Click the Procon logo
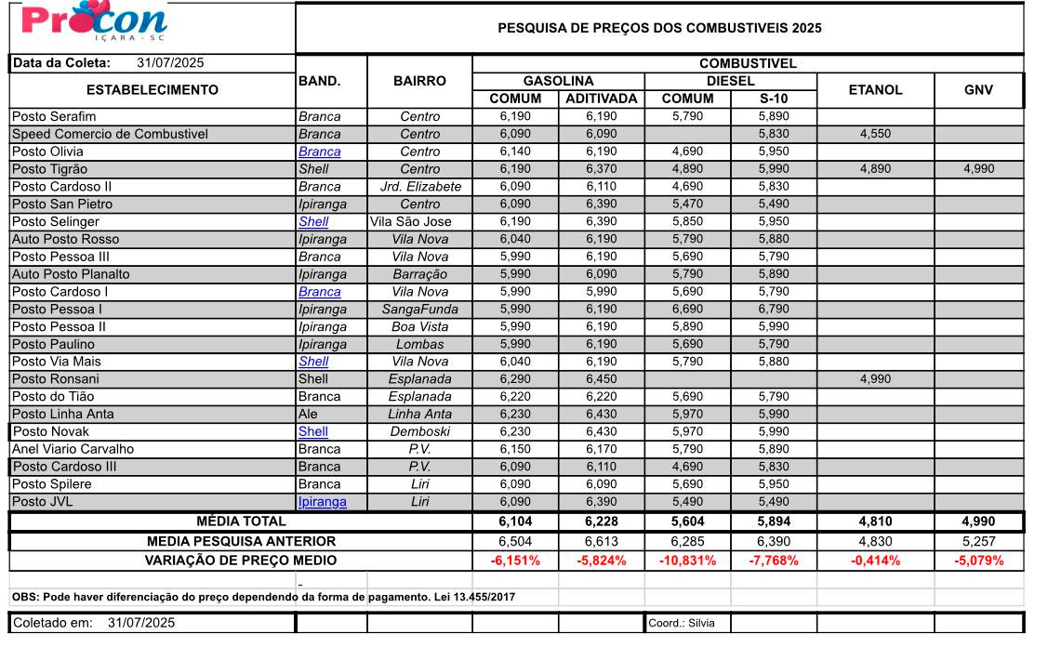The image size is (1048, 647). point(94,22)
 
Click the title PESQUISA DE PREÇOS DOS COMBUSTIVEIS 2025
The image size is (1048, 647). point(659,28)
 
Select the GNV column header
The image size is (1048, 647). point(978,90)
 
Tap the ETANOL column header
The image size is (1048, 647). point(875,90)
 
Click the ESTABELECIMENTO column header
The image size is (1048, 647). point(153,90)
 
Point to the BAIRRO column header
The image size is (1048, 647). point(419,81)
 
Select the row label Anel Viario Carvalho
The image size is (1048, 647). point(73,449)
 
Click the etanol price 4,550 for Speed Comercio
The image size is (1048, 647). point(875,134)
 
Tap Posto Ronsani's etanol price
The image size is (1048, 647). point(875,379)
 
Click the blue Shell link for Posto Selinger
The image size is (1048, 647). point(313,221)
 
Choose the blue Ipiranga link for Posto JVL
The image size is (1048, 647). point(322,502)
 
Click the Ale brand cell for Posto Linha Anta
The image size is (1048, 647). point(309,414)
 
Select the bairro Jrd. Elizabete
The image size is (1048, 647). point(419,186)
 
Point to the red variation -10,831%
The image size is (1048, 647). point(687,561)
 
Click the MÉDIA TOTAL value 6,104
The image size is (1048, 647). point(515,522)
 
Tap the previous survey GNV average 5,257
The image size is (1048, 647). point(978,541)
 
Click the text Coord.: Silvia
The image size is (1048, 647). point(675,623)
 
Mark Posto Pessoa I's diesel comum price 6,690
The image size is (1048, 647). point(687,309)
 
